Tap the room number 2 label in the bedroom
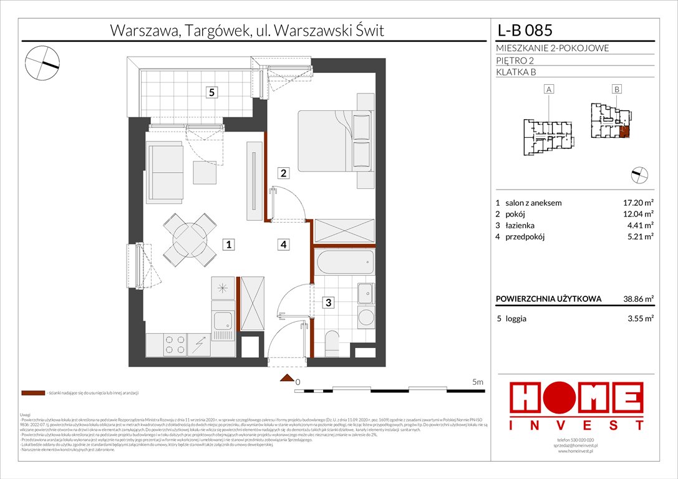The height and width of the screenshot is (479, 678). [x=283, y=173]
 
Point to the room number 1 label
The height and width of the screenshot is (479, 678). [x=230, y=245]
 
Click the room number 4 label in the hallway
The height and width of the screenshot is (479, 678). [x=283, y=245]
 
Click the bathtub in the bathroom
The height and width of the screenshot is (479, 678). [x=344, y=262]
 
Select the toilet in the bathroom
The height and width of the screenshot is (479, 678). [x=332, y=342]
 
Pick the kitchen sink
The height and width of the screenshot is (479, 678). [x=222, y=321]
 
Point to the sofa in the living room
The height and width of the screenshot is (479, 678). [x=163, y=171]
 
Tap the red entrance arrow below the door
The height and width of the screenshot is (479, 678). [x=286, y=377]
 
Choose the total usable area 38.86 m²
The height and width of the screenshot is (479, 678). [x=636, y=299]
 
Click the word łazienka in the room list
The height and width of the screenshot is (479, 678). [x=521, y=225]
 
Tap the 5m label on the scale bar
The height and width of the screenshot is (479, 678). [x=478, y=381]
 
